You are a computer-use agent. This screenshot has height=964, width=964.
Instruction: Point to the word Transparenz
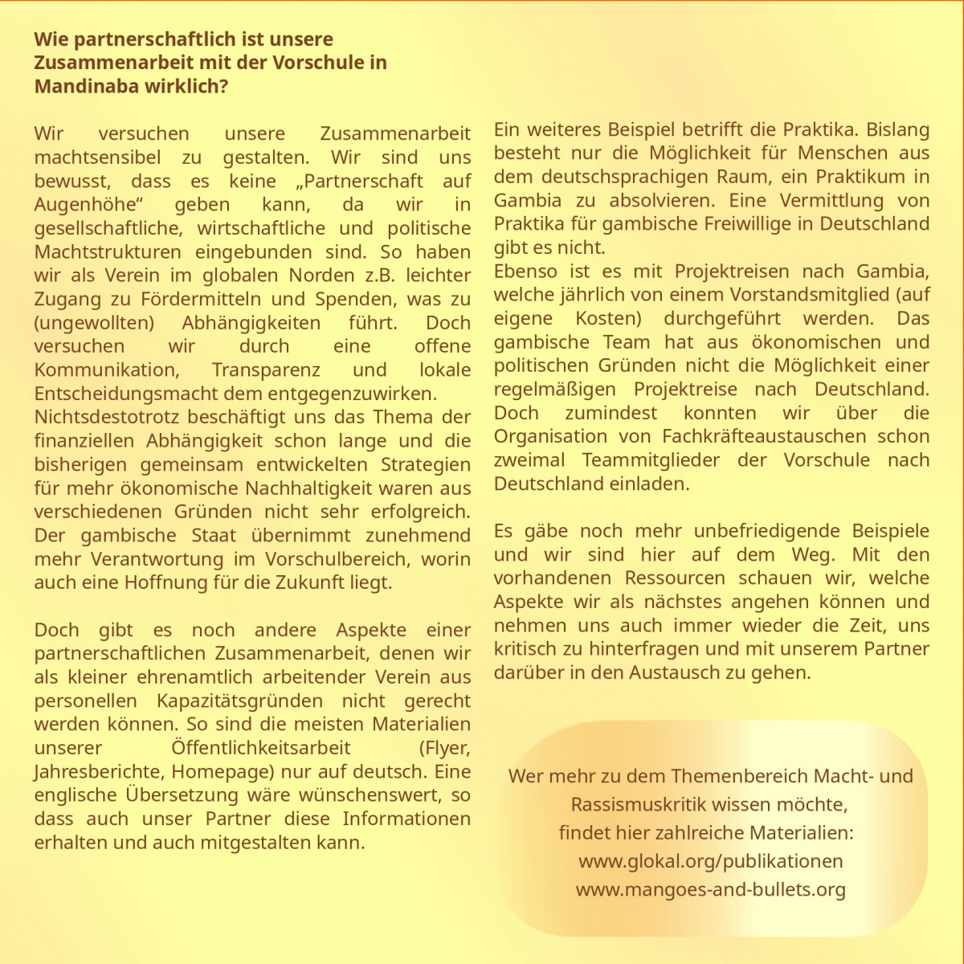coord(266,370)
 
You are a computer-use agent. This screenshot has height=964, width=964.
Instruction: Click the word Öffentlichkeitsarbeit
coord(261,747)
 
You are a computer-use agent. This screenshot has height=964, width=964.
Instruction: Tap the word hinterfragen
coord(629,648)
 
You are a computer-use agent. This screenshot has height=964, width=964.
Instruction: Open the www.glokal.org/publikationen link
coord(710,861)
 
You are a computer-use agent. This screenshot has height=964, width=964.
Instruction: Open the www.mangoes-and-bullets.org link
coord(710,889)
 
